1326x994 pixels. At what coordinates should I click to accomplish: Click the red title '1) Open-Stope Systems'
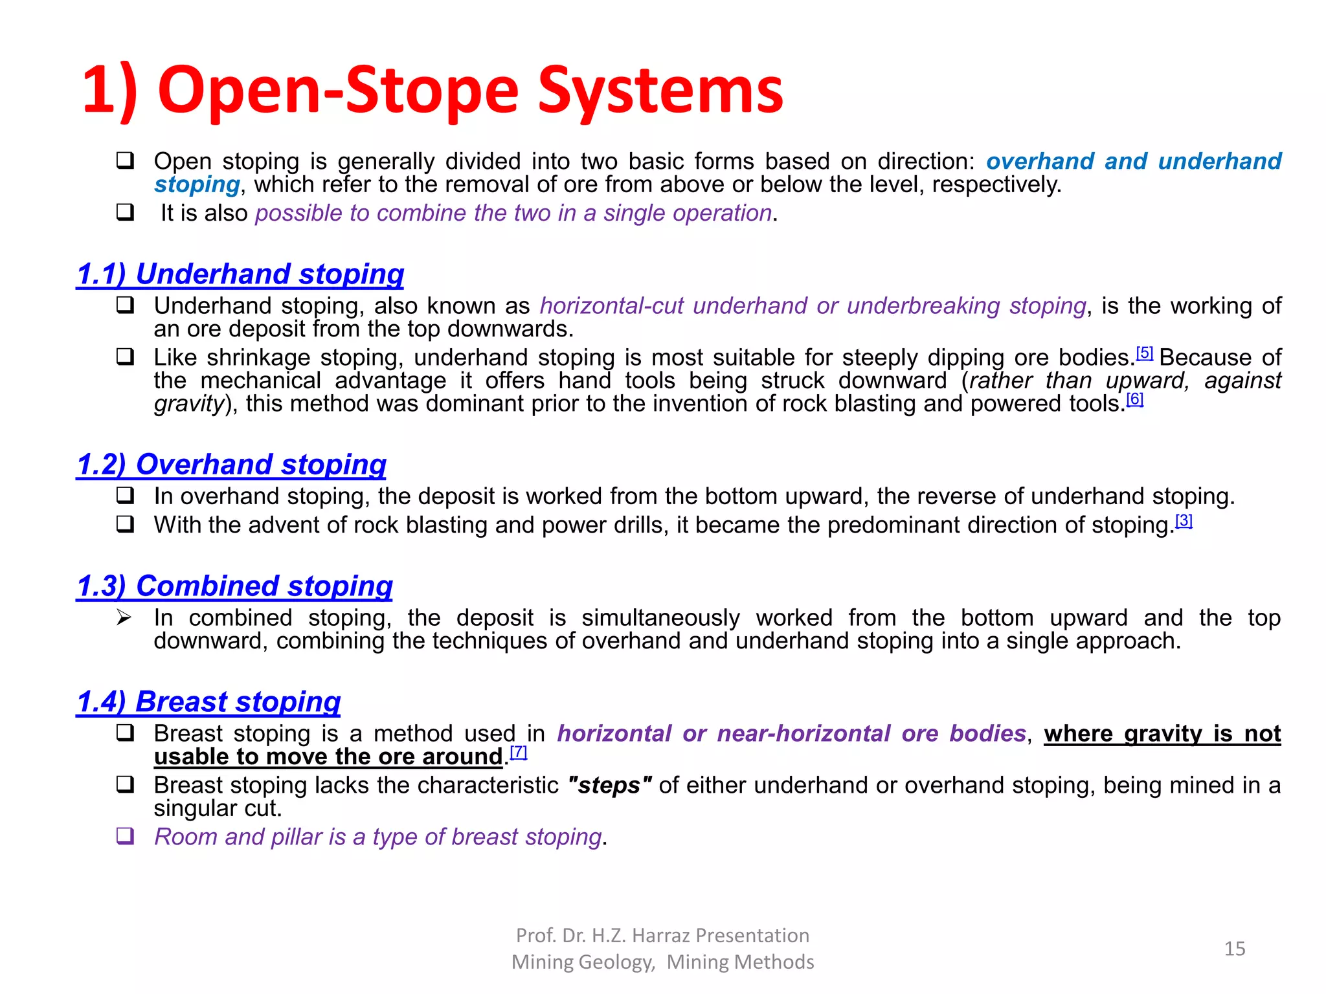[433, 91]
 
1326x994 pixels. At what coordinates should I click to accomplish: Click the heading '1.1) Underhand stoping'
[240, 274]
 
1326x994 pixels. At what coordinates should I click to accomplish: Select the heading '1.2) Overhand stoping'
[231, 465]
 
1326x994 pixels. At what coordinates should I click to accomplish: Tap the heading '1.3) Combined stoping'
[234, 586]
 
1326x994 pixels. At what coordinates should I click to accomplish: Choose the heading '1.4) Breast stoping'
[208, 702]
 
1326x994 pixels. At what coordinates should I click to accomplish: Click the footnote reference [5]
[1145, 353]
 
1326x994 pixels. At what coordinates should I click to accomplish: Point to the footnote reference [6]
[1135, 399]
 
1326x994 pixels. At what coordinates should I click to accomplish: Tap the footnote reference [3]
[1184, 521]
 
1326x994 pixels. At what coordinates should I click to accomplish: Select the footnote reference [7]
[519, 752]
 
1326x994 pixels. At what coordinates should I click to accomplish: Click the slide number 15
[1235, 949]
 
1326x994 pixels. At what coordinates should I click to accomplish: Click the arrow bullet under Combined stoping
[124, 618]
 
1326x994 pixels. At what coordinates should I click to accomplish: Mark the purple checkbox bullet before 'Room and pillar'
[125, 836]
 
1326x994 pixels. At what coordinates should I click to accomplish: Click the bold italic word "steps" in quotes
[609, 786]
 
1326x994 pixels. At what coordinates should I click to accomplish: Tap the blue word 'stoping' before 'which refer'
[197, 185]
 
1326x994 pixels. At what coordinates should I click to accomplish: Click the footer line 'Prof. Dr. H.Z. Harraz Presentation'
[662, 936]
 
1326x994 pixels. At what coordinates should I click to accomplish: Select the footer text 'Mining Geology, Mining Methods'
[662, 962]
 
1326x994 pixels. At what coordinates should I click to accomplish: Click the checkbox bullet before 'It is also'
[125, 212]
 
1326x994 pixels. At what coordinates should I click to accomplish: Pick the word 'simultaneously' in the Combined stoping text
[660, 618]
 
